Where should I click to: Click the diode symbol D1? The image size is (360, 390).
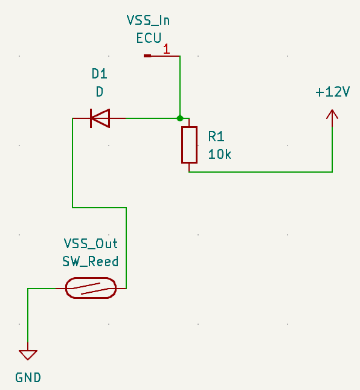[100, 118]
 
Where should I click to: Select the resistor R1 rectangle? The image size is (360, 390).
[189, 145]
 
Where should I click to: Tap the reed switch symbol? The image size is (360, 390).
[91, 288]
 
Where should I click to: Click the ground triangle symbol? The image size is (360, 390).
[28, 354]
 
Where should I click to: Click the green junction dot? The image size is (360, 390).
[180, 118]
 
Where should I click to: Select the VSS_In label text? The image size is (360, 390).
[148, 20]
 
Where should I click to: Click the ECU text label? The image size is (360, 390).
[149, 38]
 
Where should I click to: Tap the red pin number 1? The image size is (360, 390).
[167, 49]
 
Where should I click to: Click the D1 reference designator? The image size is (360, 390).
[100, 74]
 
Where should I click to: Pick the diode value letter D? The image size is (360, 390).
[100, 92]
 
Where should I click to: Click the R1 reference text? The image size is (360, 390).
[216, 136]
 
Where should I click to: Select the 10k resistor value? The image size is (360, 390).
[219, 154]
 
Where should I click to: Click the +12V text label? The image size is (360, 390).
[333, 92]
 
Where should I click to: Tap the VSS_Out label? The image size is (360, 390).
[91, 243]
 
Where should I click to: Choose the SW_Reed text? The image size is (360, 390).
[91, 261]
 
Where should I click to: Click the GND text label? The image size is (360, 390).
[28, 377]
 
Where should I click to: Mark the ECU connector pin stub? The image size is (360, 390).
[147, 56]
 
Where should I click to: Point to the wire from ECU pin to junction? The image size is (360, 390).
[180, 87]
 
